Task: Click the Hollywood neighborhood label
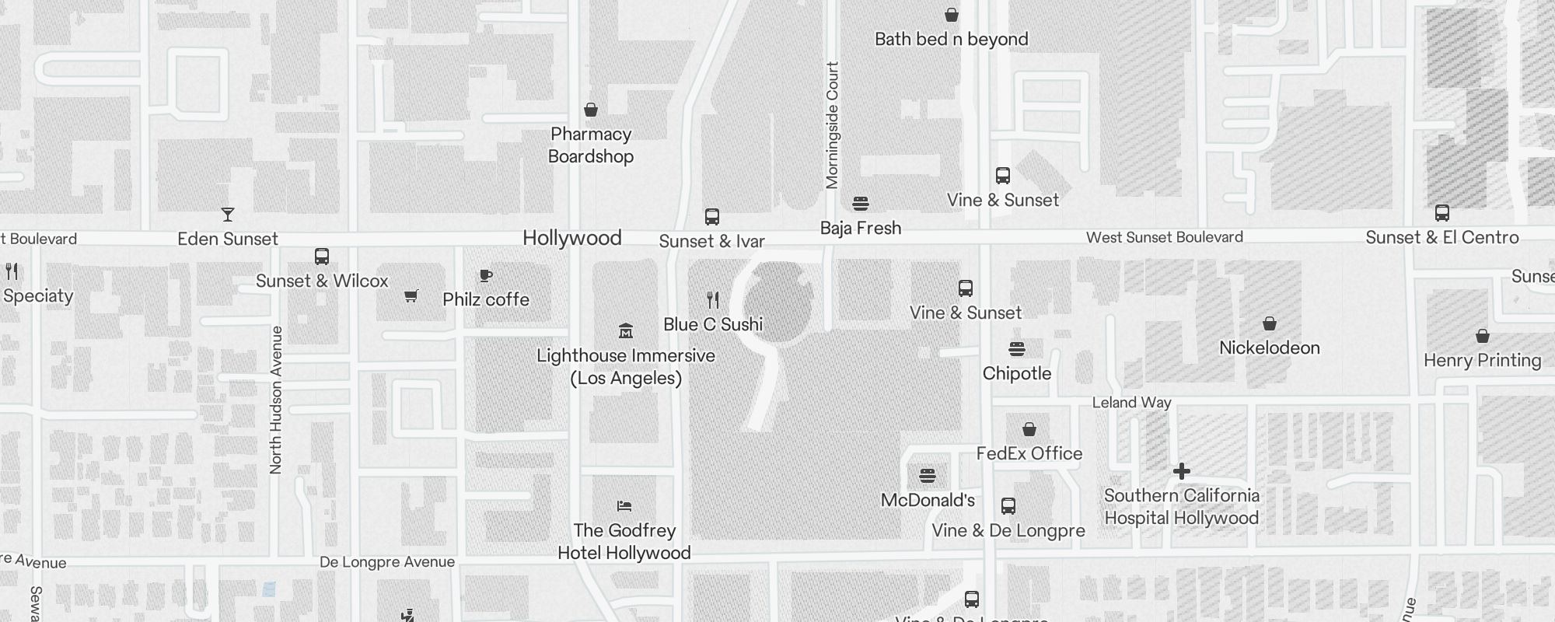pyautogui.click(x=571, y=238)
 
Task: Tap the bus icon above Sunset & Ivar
pyautogui.click(x=711, y=217)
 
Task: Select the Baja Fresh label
pyautogui.click(x=861, y=229)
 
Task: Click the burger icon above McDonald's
pyautogui.click(x=927, y=476)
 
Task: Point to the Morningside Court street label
pyautogui.click(x=832, y=125)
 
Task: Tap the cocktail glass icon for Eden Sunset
pyautogui.click(x=227, y=215)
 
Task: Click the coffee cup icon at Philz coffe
pyautogui.click(x=486, y=275)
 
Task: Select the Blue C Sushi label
pyautogui.click(x=713, y=324)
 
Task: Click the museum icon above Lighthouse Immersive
pyautogui.click(x=625, y=331)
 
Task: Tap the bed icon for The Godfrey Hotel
pyautogui.click(x=624, y=506)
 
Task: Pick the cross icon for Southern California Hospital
pyautogui.click(x=1181, y=471)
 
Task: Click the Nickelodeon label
pyautogui.click(x=1269, y=348)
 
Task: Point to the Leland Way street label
pyautogui.click(x=1131, y=403)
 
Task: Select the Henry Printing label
pyautogui.click(x=1482, y=360)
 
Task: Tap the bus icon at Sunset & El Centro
pyautogui.click(x=1441, y=213)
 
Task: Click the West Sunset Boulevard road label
pyautogui.click(x=1164, y=237)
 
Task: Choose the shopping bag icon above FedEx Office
pyautogui.click(x=1029, y=429)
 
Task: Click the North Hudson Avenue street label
pyautogui.click(x=275, y=400)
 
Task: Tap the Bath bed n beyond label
pyautogui.click(x=951, y=39)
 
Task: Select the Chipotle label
pyautogui.click(x=1016, y=373)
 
